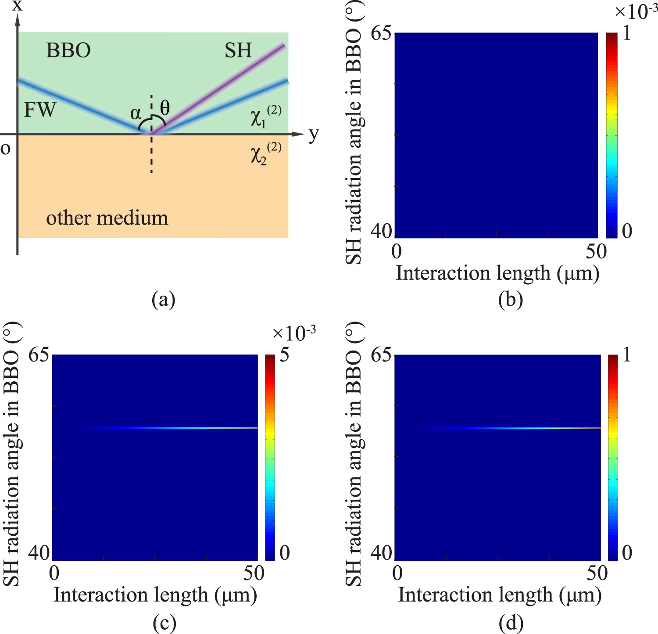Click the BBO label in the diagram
tap(68, 50)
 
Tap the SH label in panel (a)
tap(238, 50)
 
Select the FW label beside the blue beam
tap(40, 109)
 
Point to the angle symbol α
tap(136, 113)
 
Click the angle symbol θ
tap(165, 107)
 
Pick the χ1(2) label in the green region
tap(266, 116)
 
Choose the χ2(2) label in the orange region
tap(266, 153)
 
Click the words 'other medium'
tap(107, 218)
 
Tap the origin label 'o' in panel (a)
tap(5, 148)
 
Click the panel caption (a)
tap(163, 300)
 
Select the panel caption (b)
tap(511, 300)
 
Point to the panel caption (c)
tap(163, 622)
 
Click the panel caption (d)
tap(511, 622)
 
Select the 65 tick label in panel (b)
tap(381, 33)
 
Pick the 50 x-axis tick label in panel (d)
tap(597, 573)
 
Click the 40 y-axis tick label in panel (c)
tap(39, 552)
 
